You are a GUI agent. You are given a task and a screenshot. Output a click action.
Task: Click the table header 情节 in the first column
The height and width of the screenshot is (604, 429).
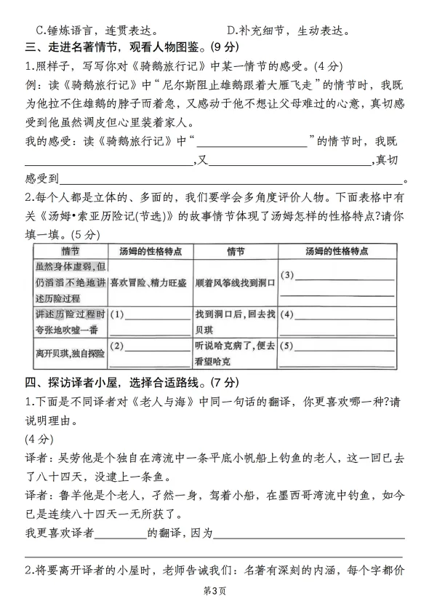tap(70, 251)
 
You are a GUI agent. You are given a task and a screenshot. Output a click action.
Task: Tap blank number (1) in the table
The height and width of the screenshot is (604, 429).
tap(149, 315)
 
